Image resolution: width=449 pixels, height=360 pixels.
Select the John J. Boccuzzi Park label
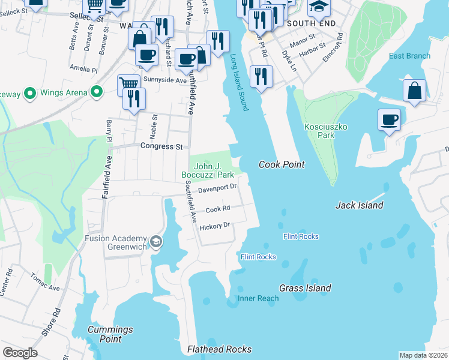[208, 170]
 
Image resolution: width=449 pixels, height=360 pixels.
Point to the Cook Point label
[282, 164]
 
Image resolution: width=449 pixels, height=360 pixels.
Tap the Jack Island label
[359, 205]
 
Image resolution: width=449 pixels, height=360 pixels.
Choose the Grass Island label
[305, 288]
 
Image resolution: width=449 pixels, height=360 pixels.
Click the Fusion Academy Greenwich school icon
[156, 242]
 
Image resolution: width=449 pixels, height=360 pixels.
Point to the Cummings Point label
[110, 334]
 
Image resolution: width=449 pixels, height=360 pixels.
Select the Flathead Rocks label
[219, 349]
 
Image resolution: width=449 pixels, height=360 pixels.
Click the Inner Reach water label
[258, 298]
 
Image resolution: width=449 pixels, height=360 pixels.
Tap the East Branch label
[409, 56]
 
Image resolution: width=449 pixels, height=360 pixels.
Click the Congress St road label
[161, 146]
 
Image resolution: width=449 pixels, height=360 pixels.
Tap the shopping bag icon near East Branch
[414, 91]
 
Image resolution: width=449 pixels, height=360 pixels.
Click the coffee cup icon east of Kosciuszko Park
[389, 119]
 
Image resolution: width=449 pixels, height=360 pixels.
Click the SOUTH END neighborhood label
[309, 23]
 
